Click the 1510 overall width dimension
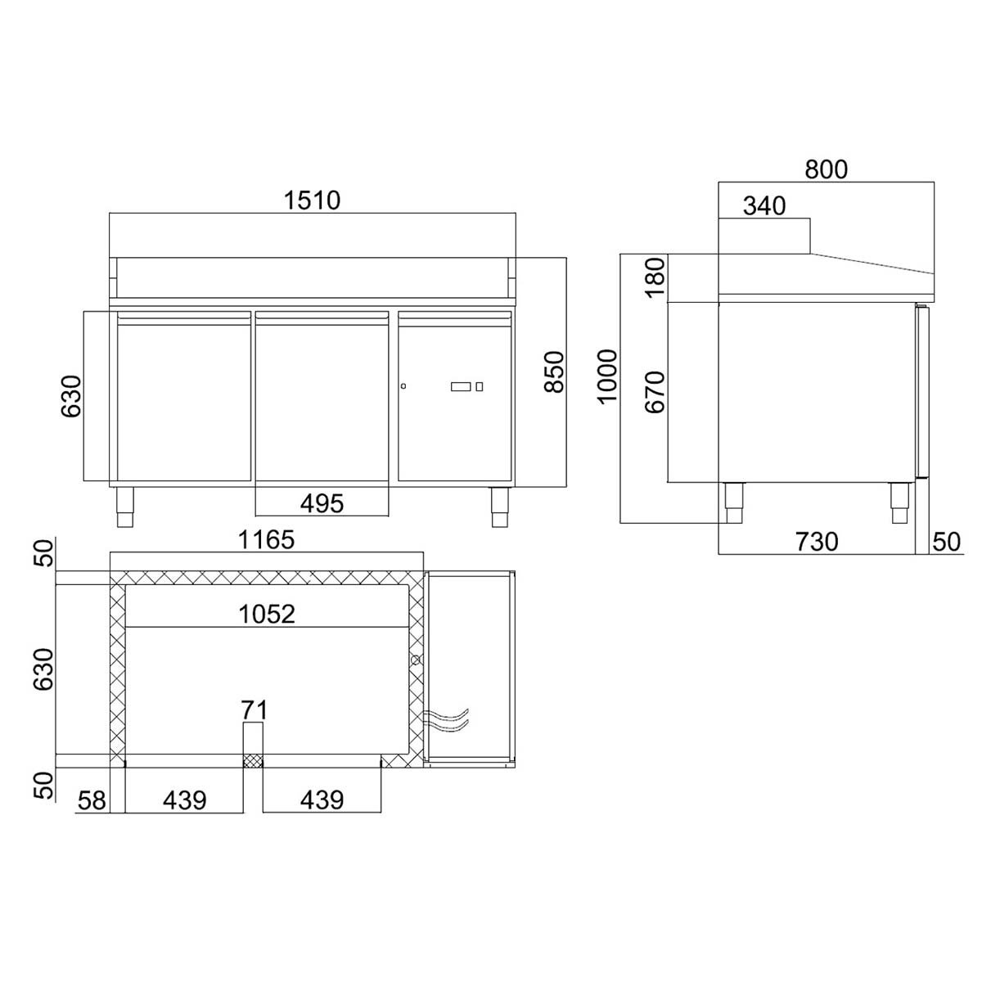312,200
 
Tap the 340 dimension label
764,205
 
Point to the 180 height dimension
655,278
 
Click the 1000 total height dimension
607,376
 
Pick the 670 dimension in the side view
655,391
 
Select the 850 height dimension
554,372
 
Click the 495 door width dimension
322,502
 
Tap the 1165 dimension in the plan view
266,540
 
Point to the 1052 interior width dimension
267,614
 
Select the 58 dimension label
92,800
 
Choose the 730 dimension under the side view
816,541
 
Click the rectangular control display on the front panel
461,386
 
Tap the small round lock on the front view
403,386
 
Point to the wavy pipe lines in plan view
447,718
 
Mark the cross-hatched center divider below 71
253,761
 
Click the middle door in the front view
322,397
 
